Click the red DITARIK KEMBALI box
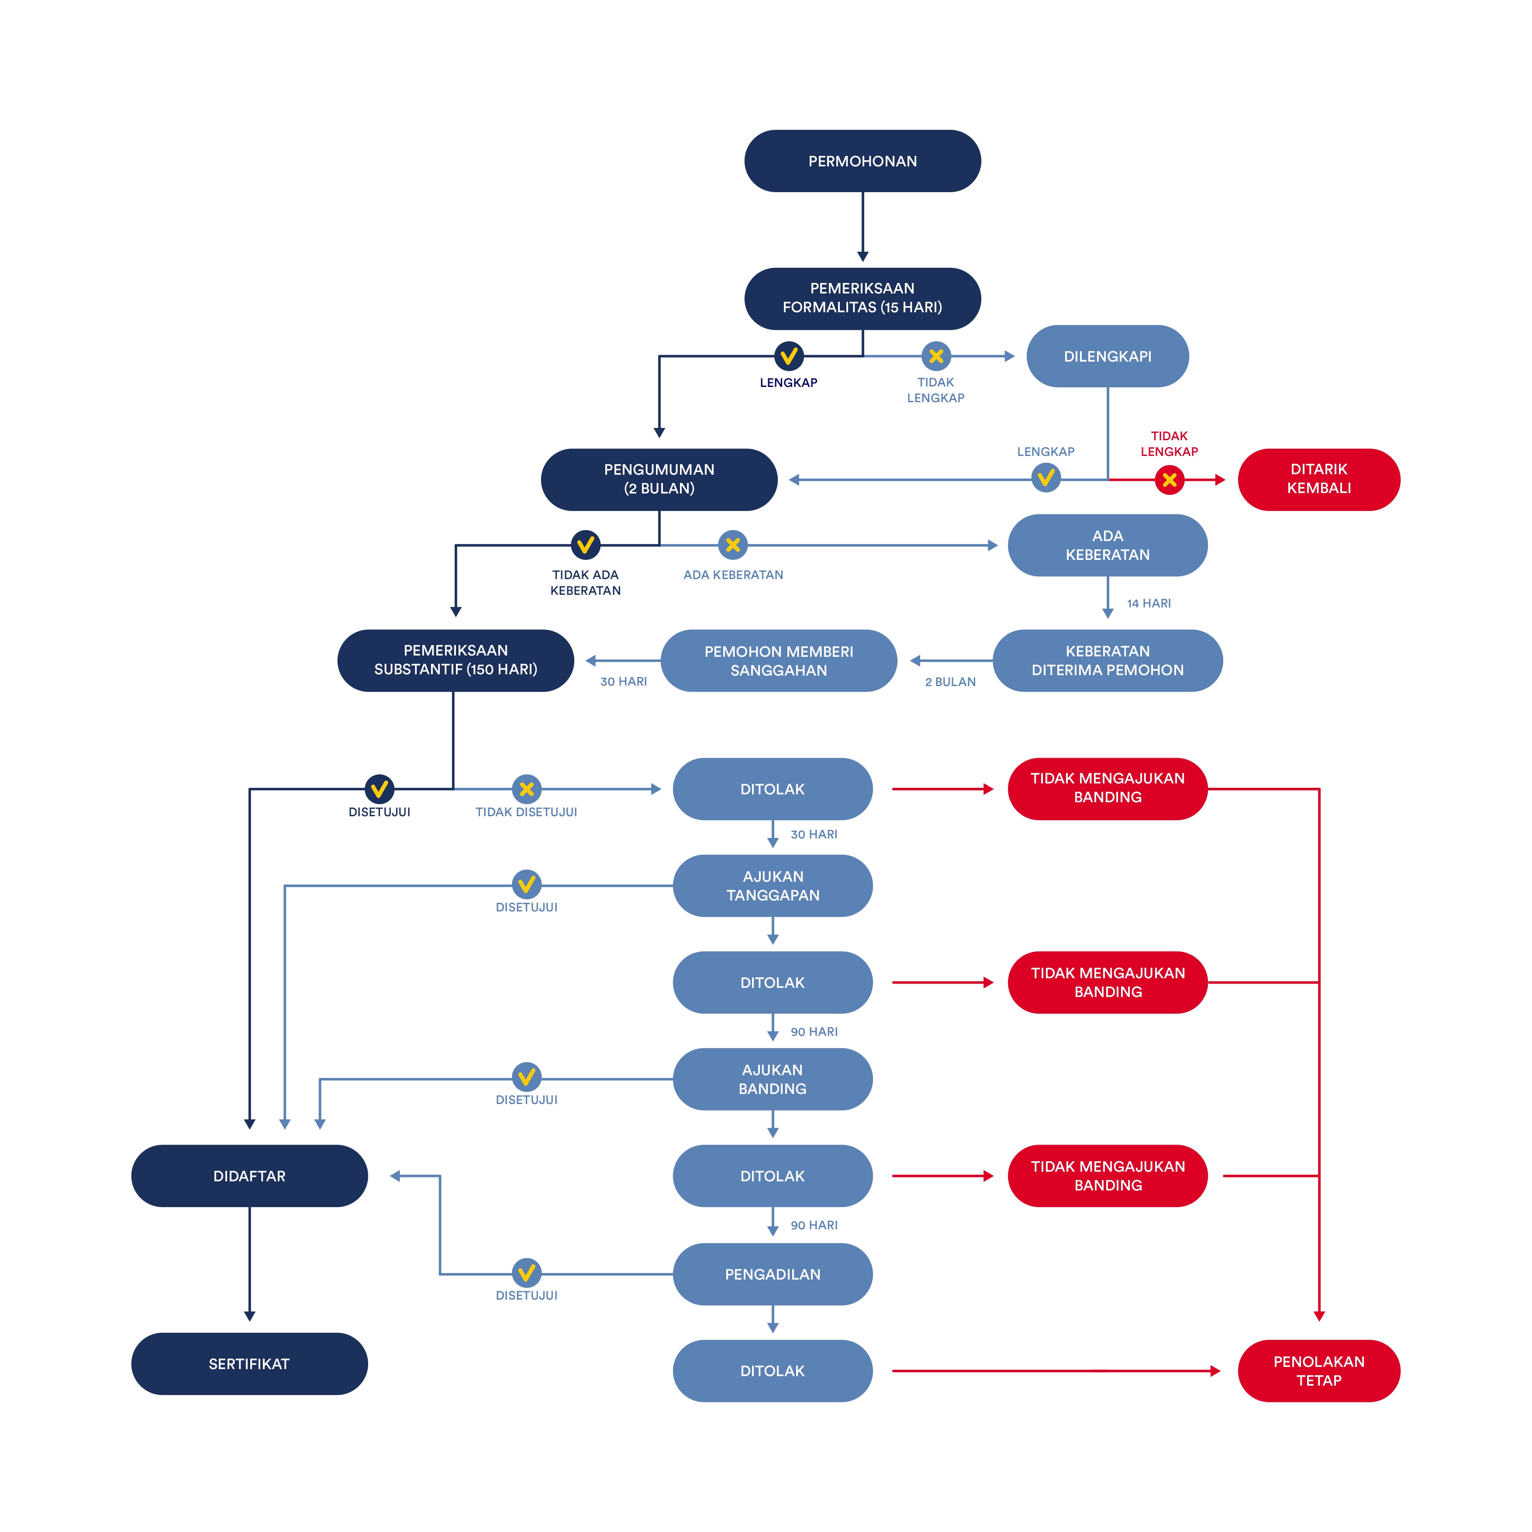coord(1319,479)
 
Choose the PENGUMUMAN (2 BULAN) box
coord(659,479)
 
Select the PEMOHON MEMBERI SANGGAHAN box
coord(779,661)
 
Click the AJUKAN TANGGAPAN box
coord(773,886)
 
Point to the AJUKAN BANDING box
coord(773,1079)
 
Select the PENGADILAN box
coord(773,1274)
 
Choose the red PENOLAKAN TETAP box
coord(1319,1371)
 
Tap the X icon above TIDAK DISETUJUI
coord(527,789)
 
